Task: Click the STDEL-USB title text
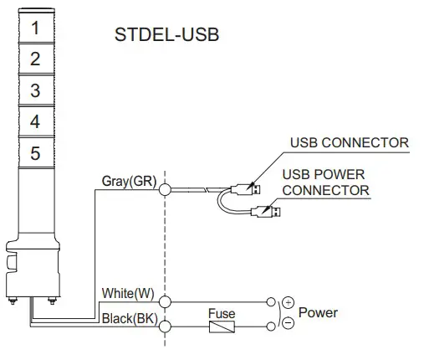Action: point(166,38)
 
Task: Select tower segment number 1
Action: point(35,27)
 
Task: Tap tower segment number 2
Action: point(35,59)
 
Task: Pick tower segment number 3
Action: point(35,90)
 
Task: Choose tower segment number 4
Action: point(35,122)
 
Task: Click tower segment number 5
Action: point(35,154)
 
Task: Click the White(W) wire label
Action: point(128,293)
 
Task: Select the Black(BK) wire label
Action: point(128,319)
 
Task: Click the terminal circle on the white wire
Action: point(166,301)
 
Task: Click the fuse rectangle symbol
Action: point(222,327)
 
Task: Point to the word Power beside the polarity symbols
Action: point(319,312)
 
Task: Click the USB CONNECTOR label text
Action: point(349,142)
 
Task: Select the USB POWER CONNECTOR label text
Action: point(325,183)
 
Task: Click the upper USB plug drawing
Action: point(248,185)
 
